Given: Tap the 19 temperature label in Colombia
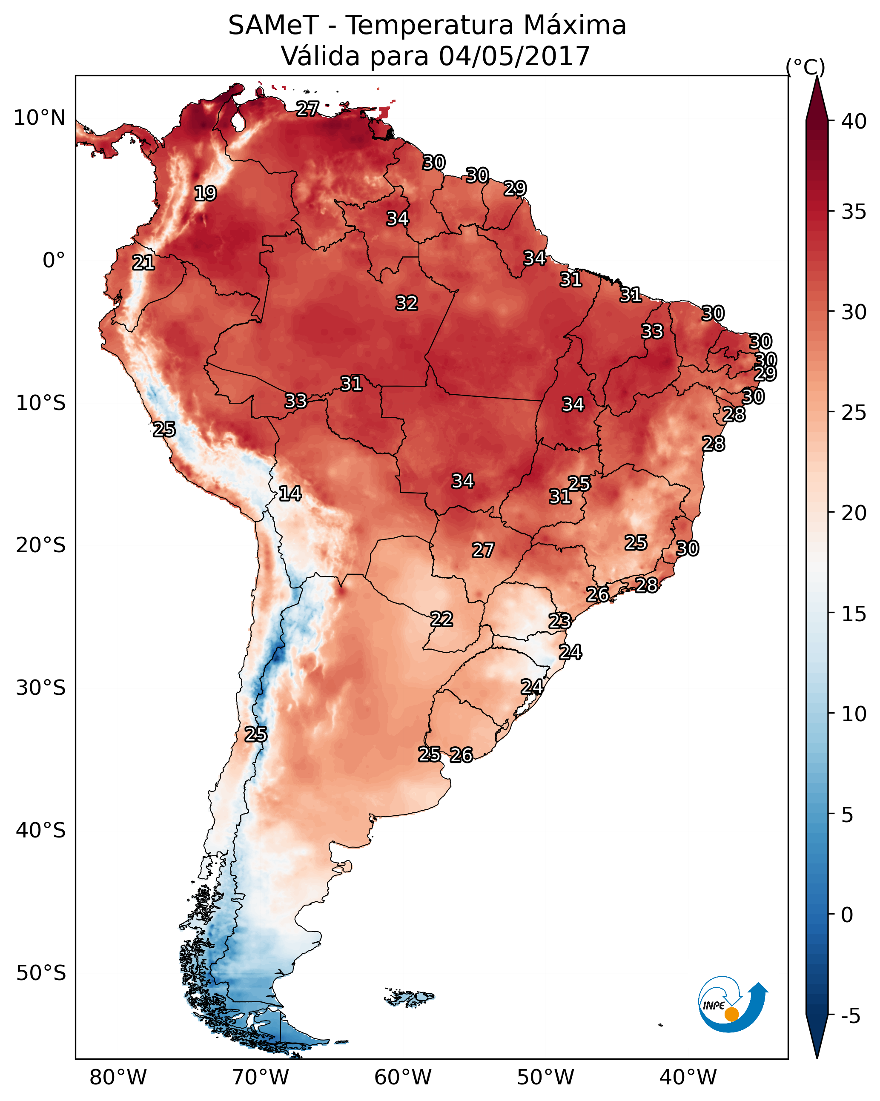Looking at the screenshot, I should pos(205,194).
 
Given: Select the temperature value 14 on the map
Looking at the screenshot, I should pos(290,493).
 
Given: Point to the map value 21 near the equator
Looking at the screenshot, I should pos(143,263).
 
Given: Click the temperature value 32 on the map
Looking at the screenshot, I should pos(407,303).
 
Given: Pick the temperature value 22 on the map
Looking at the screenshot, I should pos(441,619).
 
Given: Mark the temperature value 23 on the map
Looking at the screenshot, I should pos(559,621).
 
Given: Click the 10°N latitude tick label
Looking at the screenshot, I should pos(39,118).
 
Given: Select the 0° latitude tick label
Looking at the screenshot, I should pos(54,261).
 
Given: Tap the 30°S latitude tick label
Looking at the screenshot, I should pos(40,688).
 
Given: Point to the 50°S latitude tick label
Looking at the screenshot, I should pos(40,973).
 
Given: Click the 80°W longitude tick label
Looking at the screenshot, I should pos(118,1077).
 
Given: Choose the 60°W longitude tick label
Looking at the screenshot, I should pos(403,1077).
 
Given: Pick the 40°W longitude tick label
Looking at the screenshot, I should pos(688,1077).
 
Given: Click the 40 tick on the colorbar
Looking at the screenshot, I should pos(854,121).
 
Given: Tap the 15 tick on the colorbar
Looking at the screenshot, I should pos(854,614).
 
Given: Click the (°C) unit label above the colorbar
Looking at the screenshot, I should pos(805,67).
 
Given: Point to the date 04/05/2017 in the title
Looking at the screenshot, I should pos(514,56).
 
